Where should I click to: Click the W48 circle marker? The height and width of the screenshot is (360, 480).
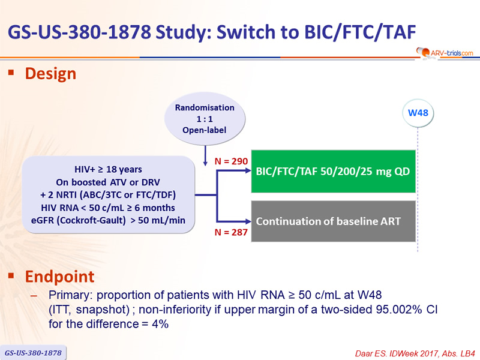[418, 113]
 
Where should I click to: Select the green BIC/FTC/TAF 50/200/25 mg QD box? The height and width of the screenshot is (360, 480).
[333, 172]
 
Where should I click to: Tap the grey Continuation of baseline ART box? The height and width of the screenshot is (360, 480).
[333, 221]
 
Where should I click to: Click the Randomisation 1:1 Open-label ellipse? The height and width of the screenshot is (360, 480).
[205, 119]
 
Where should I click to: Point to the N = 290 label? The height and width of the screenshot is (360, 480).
[231, 161]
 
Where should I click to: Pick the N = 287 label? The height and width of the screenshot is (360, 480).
[231, 232]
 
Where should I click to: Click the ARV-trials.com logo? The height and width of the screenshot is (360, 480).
[445, 53]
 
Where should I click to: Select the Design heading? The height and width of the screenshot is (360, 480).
[50, 74]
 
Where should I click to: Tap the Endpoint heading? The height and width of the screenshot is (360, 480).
[59, 277]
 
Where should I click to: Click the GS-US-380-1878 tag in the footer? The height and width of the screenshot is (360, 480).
[33, 353]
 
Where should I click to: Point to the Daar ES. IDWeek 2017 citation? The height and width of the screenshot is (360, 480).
[415, 353]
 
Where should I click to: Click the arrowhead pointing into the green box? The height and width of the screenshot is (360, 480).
[248, 171]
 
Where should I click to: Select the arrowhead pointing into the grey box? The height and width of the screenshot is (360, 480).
[248, 221]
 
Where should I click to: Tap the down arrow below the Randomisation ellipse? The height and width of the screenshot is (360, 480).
[205, 156]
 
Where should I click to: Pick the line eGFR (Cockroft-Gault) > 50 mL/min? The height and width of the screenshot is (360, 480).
[108, 220]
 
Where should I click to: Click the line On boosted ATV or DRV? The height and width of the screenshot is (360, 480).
[108, 182]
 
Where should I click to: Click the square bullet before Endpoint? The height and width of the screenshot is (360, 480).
[11, 276]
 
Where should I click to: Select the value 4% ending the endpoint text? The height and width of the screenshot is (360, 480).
[160, 324]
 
